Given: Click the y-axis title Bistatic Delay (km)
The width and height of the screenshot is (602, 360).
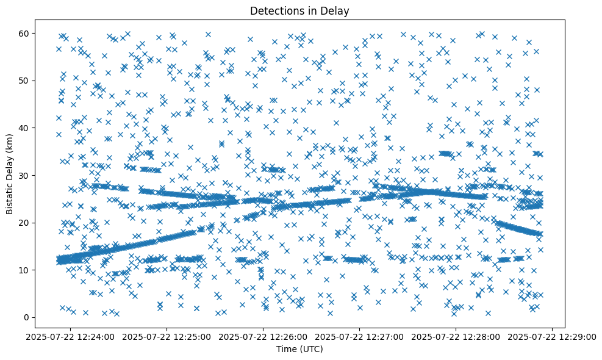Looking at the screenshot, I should [10, 175].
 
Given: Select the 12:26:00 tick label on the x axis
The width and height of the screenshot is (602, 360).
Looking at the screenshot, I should [263, 336].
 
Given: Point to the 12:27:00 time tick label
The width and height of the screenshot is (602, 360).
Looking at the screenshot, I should [360, 336].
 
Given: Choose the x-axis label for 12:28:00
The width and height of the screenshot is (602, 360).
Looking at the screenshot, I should [456, 336].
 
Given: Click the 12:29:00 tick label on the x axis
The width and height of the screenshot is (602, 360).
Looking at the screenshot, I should [553, 336].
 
